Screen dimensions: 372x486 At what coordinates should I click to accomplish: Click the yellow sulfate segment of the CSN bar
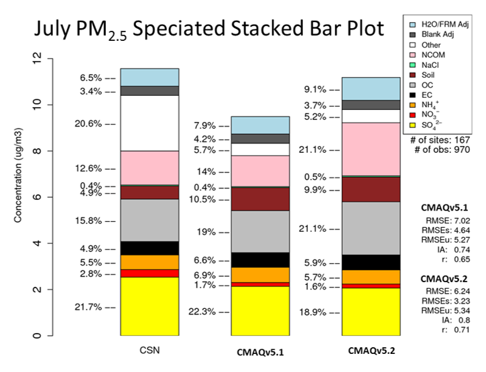149,306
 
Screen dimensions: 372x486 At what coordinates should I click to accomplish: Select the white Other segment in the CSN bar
149,123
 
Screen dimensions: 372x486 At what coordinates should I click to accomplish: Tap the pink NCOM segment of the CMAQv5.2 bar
371,149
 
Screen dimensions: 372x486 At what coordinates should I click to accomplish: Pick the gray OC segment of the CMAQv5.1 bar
261,231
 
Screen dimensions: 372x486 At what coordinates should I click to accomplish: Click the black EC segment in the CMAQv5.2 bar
371,262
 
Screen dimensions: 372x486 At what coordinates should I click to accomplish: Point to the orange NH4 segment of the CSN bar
149,262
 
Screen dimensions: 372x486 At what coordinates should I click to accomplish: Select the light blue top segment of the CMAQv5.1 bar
261,125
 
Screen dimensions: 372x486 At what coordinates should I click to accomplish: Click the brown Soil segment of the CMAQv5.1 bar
261,198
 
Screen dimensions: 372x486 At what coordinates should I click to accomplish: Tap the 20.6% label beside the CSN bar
88,123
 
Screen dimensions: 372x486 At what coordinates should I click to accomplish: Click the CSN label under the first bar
149,351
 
